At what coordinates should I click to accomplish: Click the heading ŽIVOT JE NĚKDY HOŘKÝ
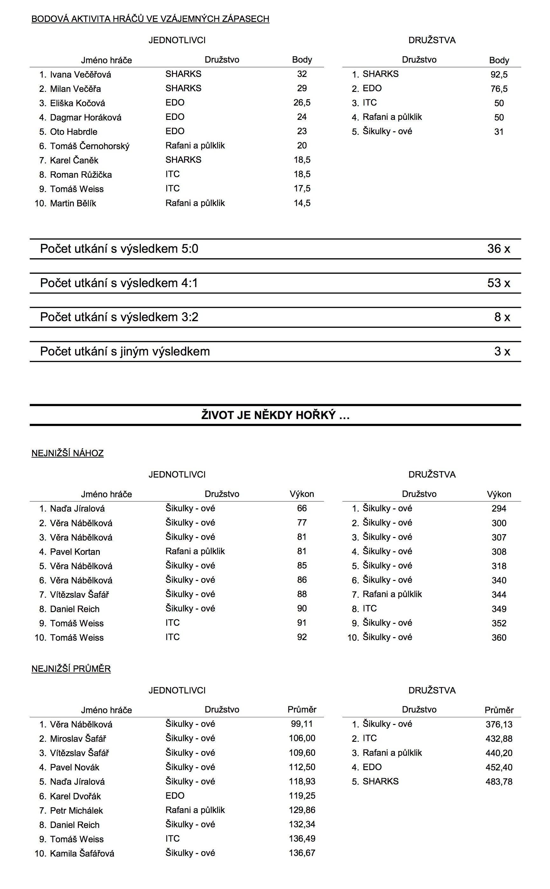[x=275, y=415]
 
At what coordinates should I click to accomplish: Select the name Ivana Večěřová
[x=80, y=75]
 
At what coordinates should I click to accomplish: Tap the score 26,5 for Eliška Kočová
[x=302, y=103]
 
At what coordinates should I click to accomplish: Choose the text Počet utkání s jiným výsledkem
[x=125, y=351]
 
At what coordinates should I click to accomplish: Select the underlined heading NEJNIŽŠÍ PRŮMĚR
[x=71, y=669]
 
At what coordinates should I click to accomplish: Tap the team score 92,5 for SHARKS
[x=499, y=75]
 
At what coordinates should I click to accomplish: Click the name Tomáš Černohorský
[x=89, y=146]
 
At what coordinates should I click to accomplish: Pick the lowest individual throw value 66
[x=302, y=508]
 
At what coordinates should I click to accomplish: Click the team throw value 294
[x=499, y=508]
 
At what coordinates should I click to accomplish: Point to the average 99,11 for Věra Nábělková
[x=302, y=724]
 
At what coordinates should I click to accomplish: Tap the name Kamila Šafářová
[x=82, y=853]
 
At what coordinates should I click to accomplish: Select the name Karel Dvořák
[x=75, y=796]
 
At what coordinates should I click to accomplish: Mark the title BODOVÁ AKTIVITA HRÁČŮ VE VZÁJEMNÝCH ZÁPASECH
[x=150, y=19]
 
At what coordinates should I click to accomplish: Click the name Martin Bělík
[x=73, y=203]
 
